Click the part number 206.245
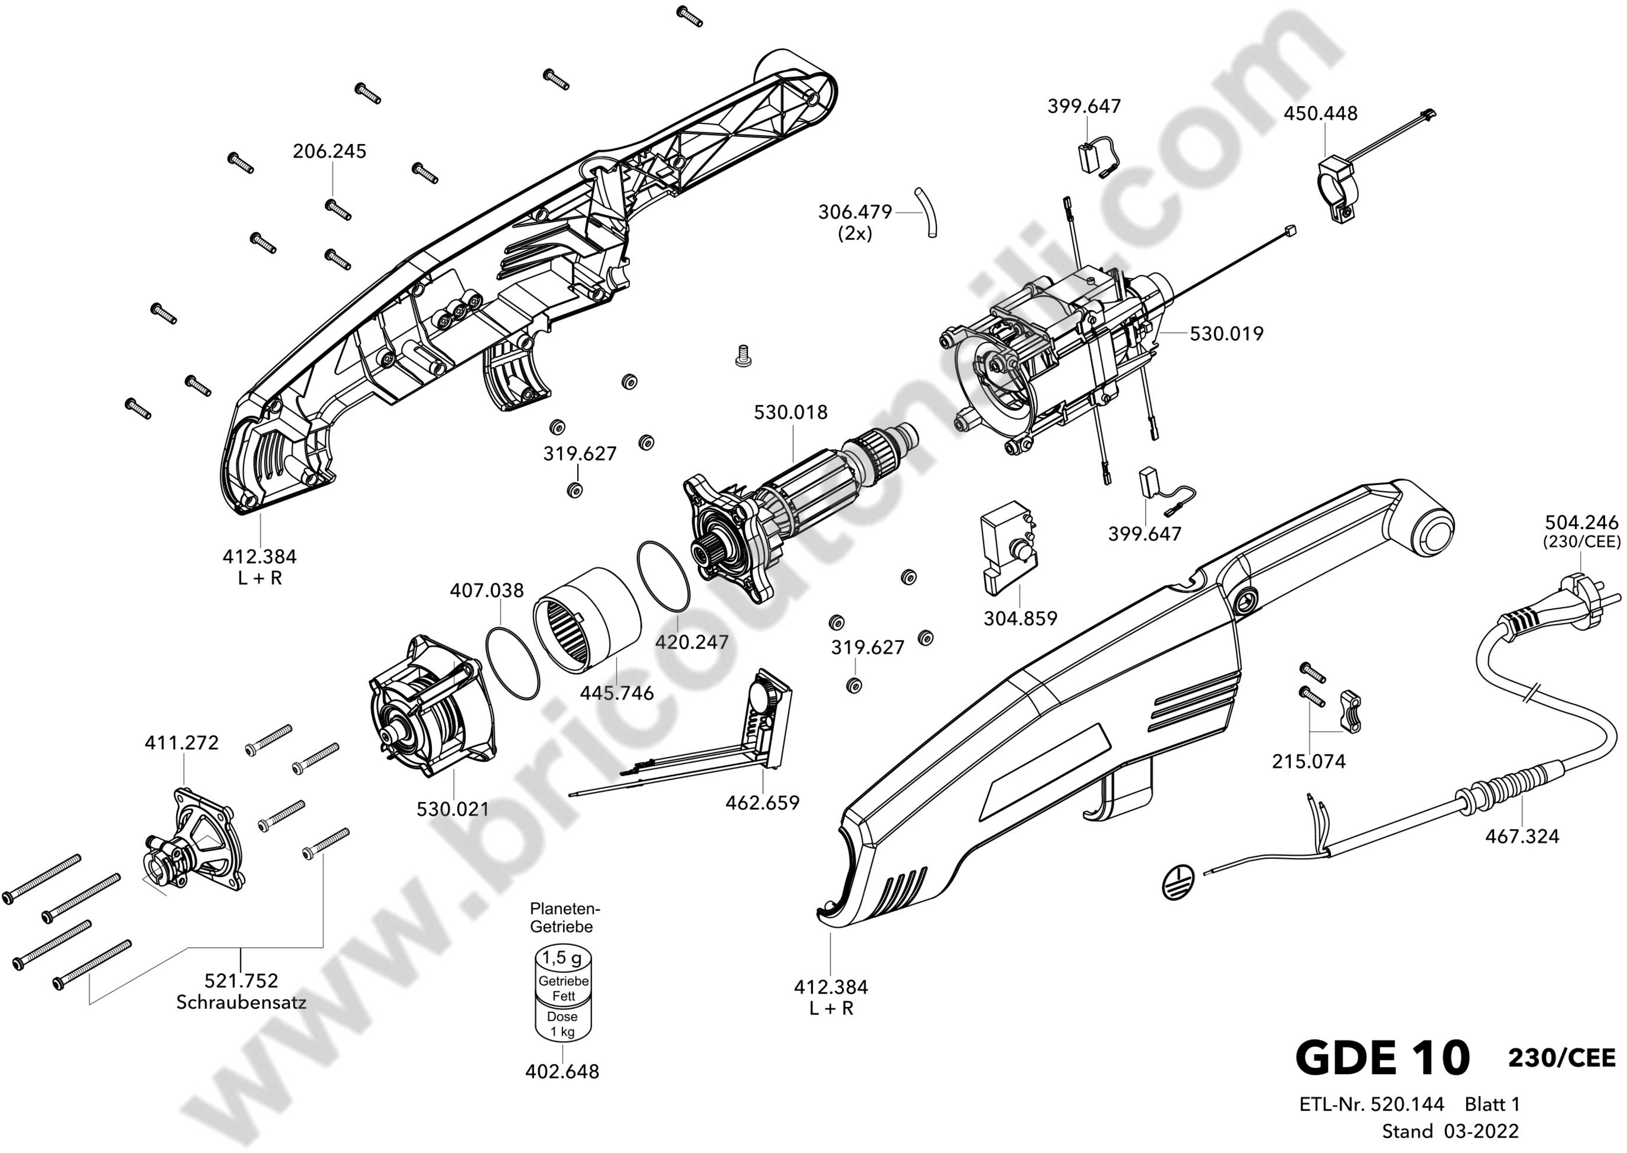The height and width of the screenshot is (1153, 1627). [x=329, y=151]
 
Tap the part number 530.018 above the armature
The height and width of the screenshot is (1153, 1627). [x=790, y=412]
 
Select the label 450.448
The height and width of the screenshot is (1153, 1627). [x=1320, y=113]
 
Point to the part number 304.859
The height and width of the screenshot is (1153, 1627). [x=1021, y=618]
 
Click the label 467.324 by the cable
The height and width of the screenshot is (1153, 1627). [x=1522, y=836]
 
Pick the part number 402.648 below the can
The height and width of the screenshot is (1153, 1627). [x=562, y=1071]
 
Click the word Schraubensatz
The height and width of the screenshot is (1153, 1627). [x=241, y=1002]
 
